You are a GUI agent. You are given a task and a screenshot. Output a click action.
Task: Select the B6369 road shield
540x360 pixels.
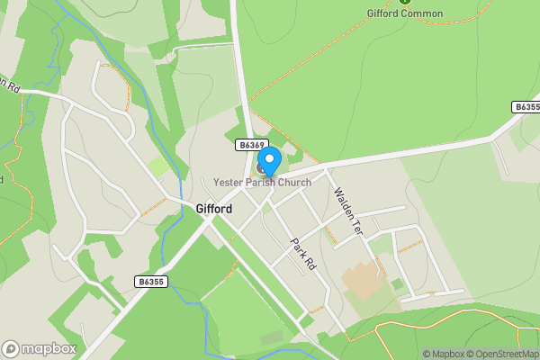pos(251,145)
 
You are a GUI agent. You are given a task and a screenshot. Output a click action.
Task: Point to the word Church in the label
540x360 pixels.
pos(294,183)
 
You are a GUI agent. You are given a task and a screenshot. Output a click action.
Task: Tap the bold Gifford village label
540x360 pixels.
pos(213,209)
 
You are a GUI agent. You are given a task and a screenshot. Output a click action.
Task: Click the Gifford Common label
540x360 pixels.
pos(405,13)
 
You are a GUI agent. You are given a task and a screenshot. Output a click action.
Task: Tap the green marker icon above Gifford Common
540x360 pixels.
pos(405,2)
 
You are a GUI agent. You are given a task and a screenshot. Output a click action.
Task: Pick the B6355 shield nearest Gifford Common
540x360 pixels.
pos(526,106)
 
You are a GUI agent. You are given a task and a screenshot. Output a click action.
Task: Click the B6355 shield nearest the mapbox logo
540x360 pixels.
pos(151,282)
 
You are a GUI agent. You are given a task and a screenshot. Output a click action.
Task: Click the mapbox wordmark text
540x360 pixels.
pos(49,348)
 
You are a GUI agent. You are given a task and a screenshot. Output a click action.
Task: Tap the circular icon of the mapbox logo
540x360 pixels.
pos(11,348)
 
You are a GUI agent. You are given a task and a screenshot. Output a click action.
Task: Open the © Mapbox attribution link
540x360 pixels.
pos(444,354)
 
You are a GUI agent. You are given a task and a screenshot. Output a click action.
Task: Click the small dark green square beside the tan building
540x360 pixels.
pos(397,284)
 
